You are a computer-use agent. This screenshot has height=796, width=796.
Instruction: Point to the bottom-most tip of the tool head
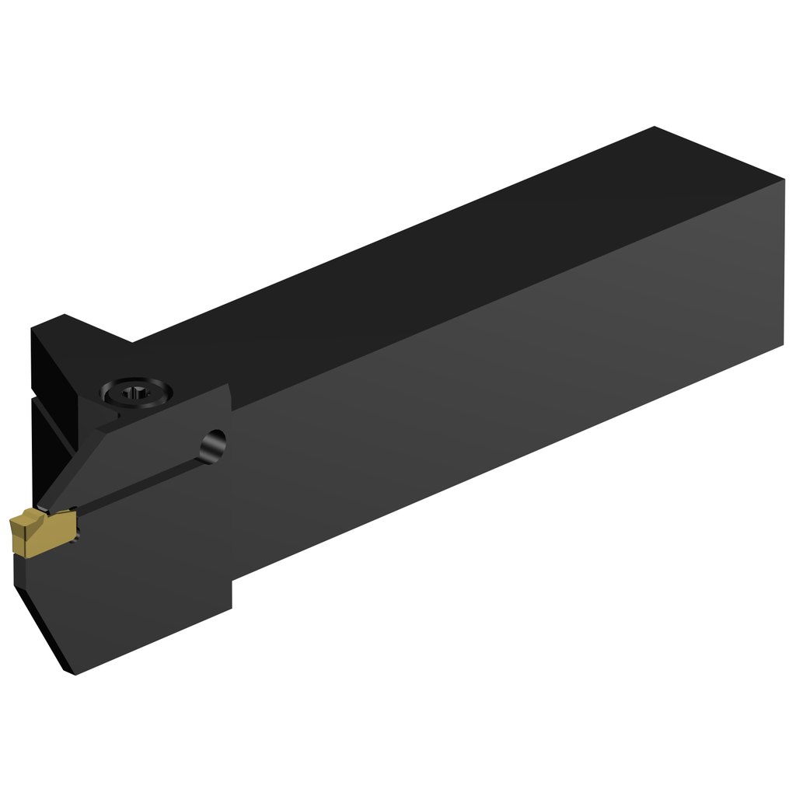[72, 673]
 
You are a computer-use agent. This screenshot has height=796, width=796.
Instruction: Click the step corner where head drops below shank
[232, 581]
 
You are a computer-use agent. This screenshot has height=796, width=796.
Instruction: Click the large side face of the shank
[505, 389]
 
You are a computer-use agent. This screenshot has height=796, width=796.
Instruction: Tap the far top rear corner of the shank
[655, 127]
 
